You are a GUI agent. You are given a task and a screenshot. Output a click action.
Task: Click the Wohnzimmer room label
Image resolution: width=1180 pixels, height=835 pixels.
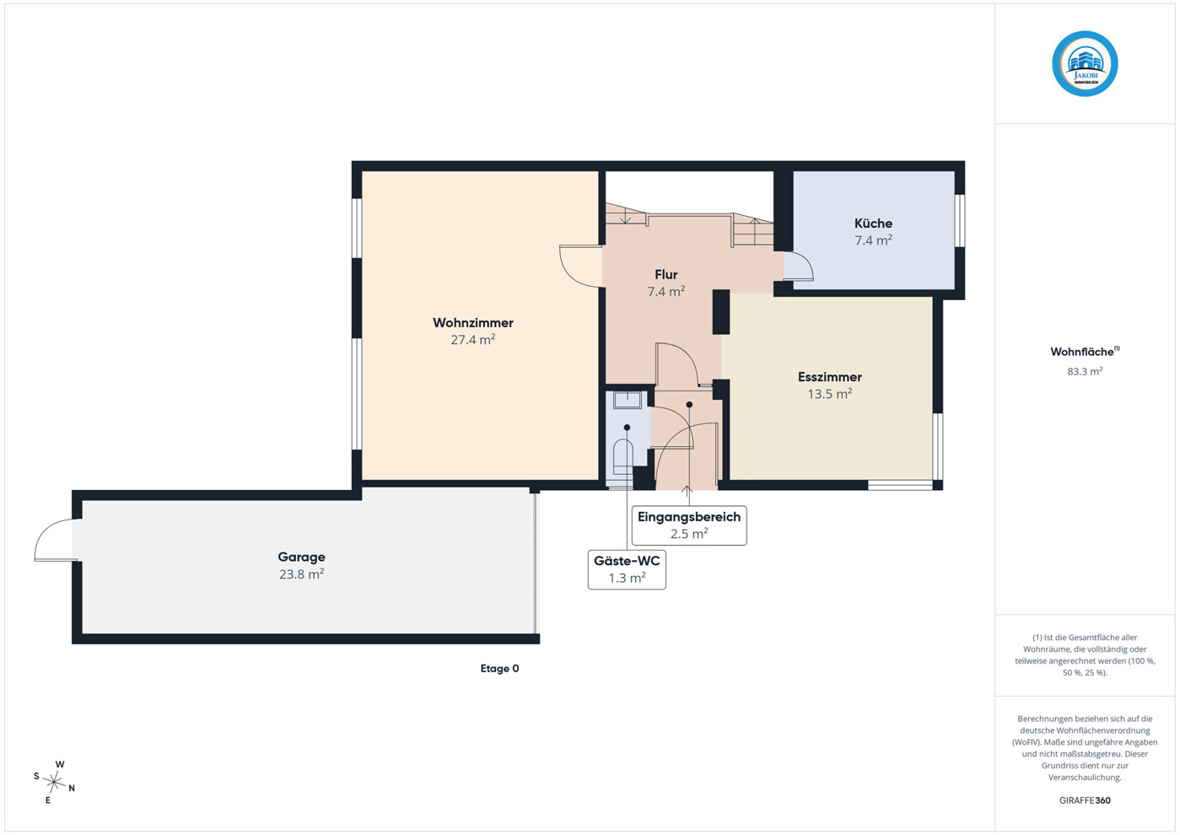[x=472, y=322]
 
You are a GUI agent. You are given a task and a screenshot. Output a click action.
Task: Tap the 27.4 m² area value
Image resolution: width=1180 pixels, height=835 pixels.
[x=472, y=340]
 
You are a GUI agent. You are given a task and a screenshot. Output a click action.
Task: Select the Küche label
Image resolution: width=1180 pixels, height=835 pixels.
[x=873, y=223]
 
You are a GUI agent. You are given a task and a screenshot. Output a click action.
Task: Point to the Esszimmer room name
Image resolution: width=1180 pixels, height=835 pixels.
[x=830, y=377]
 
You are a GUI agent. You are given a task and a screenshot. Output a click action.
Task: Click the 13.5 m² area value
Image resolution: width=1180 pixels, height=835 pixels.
[x=830, y=394]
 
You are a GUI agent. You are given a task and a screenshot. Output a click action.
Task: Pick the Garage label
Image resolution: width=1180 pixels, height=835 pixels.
[x=301, y=557]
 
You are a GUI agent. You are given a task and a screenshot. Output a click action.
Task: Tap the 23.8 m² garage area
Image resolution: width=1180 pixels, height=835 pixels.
[x=301, y=574]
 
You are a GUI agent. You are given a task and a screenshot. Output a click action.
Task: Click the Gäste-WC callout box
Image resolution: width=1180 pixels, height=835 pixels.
[x=627, y=569]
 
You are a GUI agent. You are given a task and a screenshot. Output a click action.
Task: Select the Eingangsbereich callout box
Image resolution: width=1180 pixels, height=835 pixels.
[x=689, y=525]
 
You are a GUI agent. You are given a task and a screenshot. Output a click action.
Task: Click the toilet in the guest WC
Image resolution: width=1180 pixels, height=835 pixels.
[x=623, y=457]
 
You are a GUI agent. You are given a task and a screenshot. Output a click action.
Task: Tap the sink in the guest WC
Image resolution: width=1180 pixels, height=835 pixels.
[x=627, y=400]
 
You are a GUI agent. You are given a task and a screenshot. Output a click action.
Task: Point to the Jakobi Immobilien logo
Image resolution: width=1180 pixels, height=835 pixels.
[x=1085, y=64]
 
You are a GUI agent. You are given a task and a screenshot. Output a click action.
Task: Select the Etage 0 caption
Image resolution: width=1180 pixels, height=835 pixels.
[x=499, y=669]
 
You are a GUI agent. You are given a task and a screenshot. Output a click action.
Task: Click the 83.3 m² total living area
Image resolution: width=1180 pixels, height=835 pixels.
[x=1085, y=371]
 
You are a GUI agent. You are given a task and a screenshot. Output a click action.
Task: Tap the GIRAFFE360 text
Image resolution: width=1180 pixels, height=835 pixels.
[x=1085, y=800]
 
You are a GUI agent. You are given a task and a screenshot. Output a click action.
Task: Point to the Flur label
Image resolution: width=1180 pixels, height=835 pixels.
[x=665, y=274]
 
